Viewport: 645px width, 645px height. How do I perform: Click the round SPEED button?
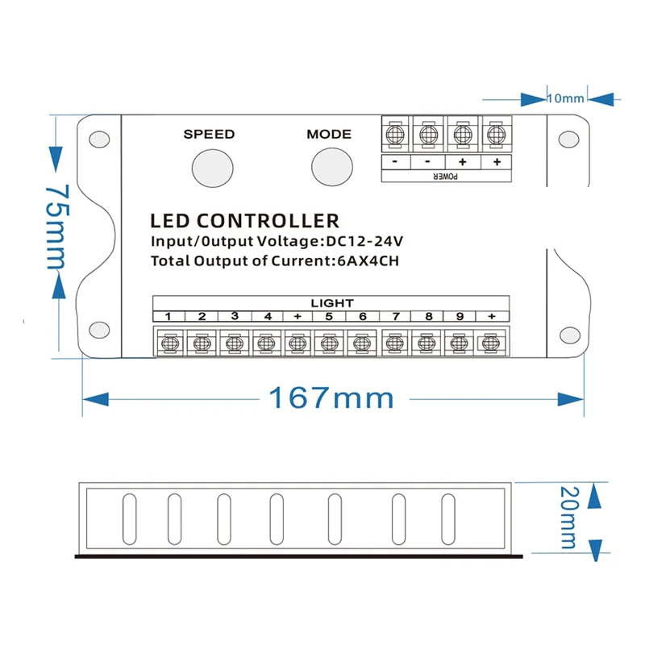(209, 166)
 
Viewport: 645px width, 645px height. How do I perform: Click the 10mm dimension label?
(565, 98)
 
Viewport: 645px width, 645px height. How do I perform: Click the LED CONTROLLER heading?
(244, 220)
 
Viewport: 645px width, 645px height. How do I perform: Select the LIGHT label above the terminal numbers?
(331, 302)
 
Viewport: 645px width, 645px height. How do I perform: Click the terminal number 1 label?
(169, 316)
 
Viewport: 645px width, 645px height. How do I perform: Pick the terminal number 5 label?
(330, 316)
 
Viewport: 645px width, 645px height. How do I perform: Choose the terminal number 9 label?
(460, 316)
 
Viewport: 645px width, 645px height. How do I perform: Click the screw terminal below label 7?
(393, 343)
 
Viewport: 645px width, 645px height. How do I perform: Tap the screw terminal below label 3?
(233, 343)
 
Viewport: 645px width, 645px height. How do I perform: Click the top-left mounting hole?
(98, 139)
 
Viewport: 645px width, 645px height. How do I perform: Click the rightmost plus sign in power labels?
(496, 161)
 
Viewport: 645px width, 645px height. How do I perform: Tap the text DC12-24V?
(364, 241)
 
